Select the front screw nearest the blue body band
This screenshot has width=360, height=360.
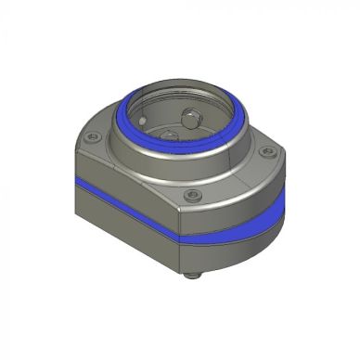click(x=191, y=196)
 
